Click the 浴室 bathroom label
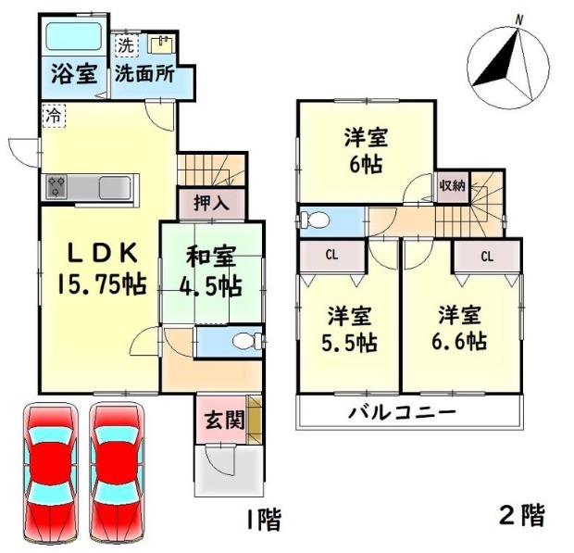point(74,73)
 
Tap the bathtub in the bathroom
point(73,37)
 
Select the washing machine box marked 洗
point(127,45)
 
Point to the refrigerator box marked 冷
point(54,116)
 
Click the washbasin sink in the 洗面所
point(161,44)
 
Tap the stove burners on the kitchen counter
point(56,187)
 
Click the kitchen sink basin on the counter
point(115,187)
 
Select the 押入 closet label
point(212,203)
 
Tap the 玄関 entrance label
point(224,420)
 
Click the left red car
point(51,472)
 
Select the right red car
point(118,472)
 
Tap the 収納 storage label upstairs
point(453,186)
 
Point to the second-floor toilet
point(315,220)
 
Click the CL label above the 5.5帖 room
point(331,256)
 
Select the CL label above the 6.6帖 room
point(487,257)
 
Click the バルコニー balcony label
point(402,413)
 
